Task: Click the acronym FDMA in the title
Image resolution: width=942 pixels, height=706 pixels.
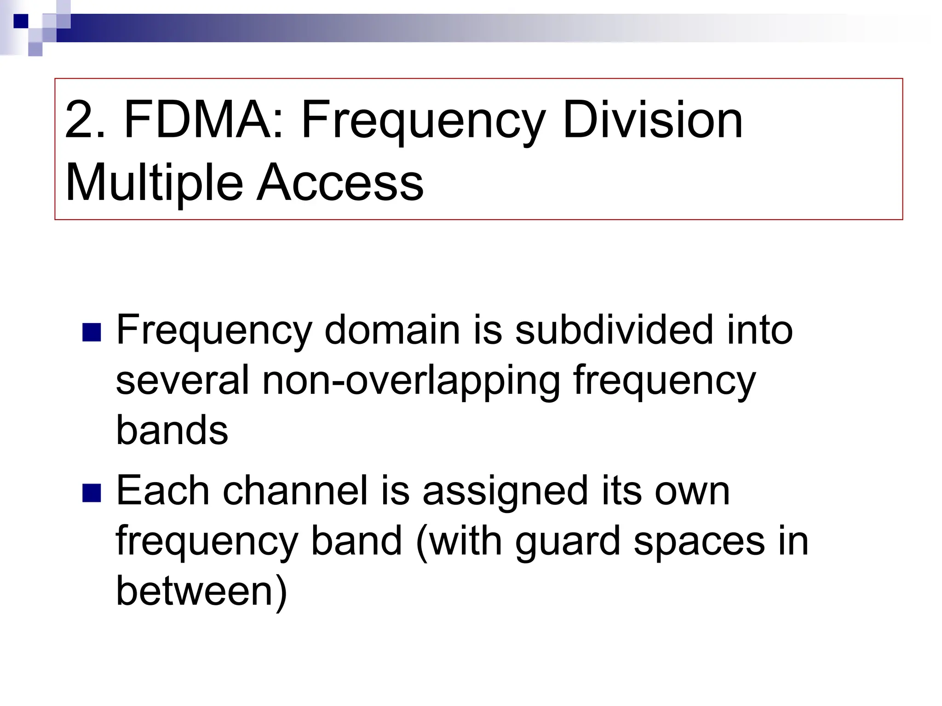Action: [x=198, y=120]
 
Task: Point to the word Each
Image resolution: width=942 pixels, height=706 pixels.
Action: [x=163, y=490]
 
